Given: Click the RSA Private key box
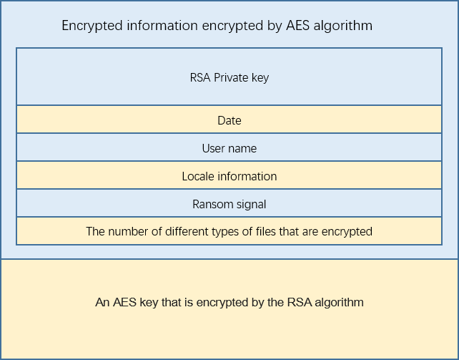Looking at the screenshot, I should [x=229, y=77].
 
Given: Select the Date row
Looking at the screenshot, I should [x=229, y=120].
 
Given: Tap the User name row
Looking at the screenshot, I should [x=229, y=148].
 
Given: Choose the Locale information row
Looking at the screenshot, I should [x=229, y=176].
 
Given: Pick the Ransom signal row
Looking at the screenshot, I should [x=229, y=204].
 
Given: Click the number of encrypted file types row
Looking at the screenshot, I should [x=229, y=231].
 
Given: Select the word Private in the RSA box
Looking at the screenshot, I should [x=229, y=77].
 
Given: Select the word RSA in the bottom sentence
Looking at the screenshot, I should [x=297, y=302].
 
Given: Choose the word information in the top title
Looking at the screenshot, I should [x=161, y=26].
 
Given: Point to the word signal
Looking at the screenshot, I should [x=250, y=204].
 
